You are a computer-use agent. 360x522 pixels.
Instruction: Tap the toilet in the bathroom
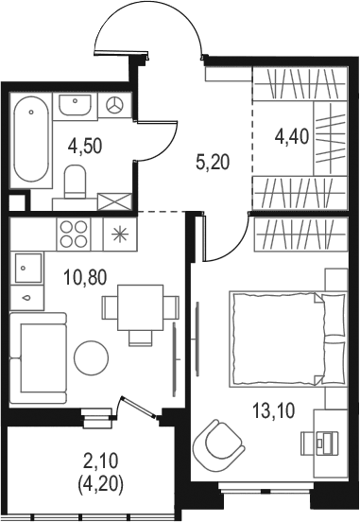coord(75,182)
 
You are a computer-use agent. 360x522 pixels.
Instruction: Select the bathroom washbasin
coord(75,105)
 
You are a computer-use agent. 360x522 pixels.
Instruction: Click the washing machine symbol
coord(114,105)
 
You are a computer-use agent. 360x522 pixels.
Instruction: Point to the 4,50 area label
coord(84,147)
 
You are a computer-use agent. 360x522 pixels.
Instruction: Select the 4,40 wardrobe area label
coord(292,136)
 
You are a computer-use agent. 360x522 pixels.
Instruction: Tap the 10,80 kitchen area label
coord(86,277)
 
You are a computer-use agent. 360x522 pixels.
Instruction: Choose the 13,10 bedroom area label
coord(273,410)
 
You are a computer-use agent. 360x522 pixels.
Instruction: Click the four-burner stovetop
coord(74,234)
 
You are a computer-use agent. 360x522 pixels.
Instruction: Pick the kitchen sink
coord(28,268)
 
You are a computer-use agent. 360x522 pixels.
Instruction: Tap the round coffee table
coord(91,357)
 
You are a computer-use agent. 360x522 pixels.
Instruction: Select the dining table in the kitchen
coord(141,307)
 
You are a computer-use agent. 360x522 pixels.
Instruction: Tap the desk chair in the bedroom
coord(319,444)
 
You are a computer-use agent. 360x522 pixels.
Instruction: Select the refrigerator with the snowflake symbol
coord(120,234)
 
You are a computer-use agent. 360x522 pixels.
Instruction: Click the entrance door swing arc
coord(148,26)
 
